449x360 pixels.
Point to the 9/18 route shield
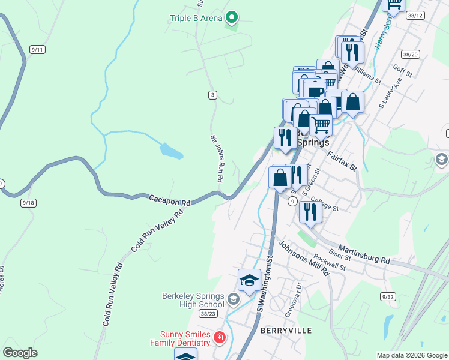tap(28, 203)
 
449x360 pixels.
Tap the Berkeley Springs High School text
tap(193, 300)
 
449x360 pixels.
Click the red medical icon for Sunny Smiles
tap(220, 338)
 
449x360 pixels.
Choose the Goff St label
tap(402, 71)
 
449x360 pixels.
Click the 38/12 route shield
tap(415, 15)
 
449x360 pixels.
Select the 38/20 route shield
tap(411, 54)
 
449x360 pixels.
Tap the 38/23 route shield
tap(208, 313)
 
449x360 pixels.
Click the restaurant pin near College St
tap(310, 212)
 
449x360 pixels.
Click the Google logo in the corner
tap(20, 353)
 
